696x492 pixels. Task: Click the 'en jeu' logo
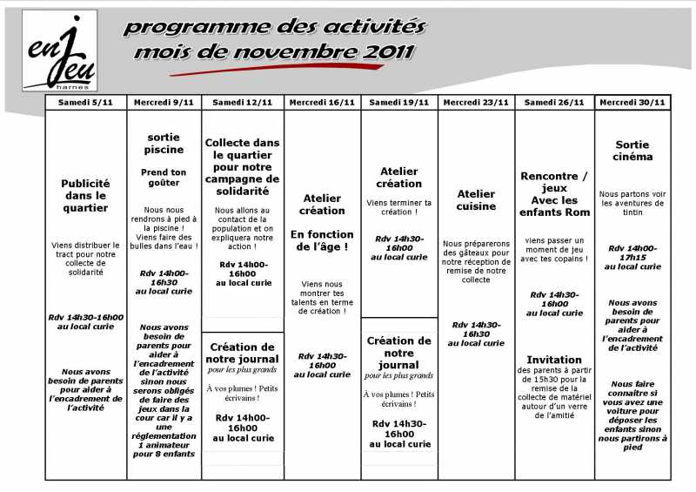[x=59, y=51]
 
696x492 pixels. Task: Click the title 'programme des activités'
[x=274, y=26]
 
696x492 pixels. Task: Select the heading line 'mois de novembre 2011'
[x=274, y=52]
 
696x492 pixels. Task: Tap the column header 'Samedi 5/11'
[x=85, y=102]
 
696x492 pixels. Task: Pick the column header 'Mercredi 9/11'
[x=164, y=102]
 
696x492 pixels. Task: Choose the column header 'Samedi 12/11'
[x=242, y=102]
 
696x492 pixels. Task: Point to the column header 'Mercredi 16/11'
[x=322, y=102]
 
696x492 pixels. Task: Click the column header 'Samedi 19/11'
[x=398, y=102]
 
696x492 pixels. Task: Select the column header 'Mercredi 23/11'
[x=476, y=102]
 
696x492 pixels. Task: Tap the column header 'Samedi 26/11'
[x=554, y=102]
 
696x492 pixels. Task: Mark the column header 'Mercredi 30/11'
[x=632, y=102]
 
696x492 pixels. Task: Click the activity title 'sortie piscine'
[x=164, y=143]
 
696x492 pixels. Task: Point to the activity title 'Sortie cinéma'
[x=632, y=151]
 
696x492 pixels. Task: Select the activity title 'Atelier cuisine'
[x=476, y=200]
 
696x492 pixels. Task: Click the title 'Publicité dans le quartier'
[x=85, y=196]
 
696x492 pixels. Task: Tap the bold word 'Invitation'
[x=554, y=360]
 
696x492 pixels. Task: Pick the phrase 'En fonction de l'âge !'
[x=322, y=240]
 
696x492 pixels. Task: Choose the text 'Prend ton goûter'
[x=164, y=178]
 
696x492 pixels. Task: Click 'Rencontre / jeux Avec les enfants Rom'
[x=554, y=194]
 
